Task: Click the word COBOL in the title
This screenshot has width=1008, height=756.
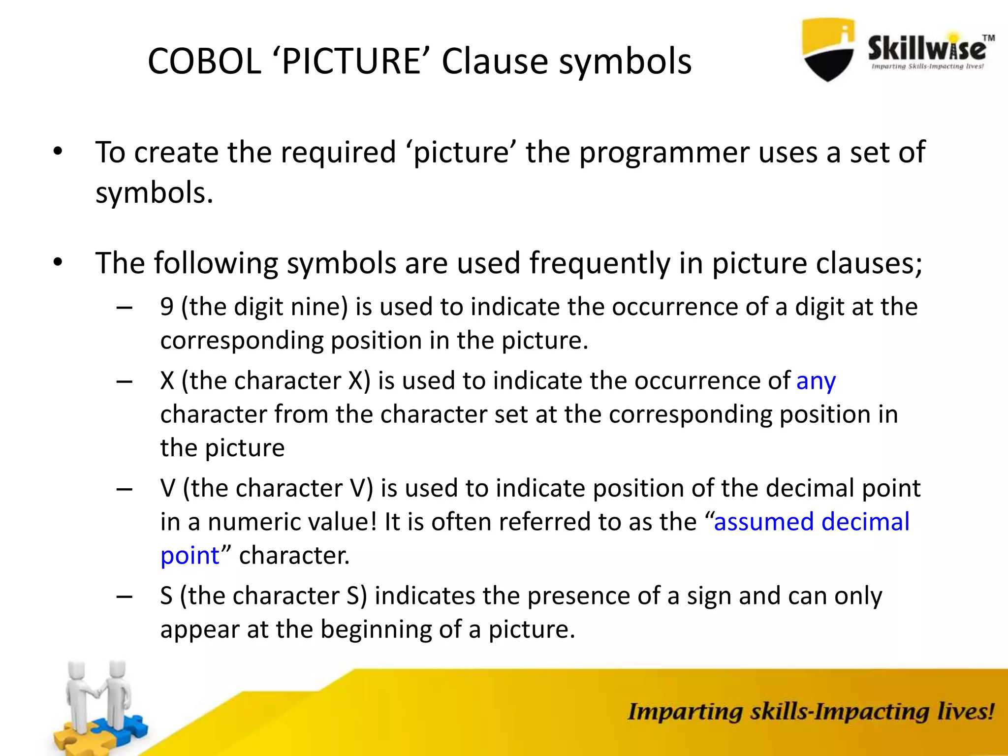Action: [x=204, y=62]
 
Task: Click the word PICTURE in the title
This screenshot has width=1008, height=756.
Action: [x=351, y=62]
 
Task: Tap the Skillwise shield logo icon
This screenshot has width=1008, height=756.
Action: [x=828, y=49]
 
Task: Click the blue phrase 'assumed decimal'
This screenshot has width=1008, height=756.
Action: [x=811, y=522]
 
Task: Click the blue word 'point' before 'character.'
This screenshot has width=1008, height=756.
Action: [x=189, y=556]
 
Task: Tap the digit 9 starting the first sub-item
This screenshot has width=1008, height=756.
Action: [x=167, y=307]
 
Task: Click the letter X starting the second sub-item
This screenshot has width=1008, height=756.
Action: [x=167, y=381]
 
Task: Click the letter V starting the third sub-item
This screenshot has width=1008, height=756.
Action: [x=167, y=489]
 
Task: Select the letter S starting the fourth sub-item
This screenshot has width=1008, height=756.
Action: [x=166, y=596]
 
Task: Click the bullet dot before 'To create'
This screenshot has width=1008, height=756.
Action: [x=58, y=152]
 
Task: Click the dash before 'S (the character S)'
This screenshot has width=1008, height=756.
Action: [x=125, y=597]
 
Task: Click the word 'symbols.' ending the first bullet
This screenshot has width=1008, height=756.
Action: [x=154, y=193]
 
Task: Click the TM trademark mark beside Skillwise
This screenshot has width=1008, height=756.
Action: [x=988, y=38]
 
